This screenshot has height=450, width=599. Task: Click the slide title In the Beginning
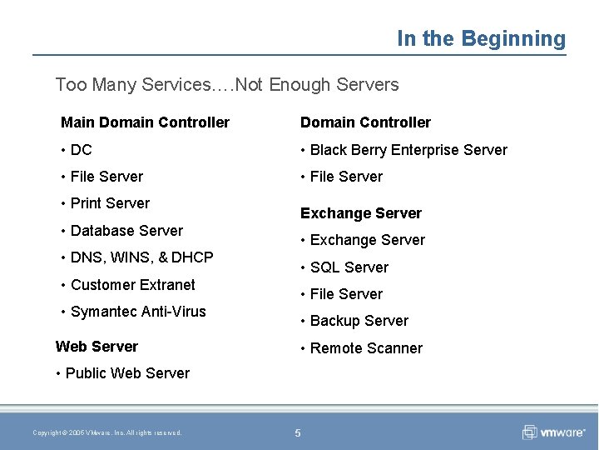pos(481,38)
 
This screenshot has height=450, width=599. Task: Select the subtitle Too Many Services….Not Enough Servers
pos(226,84)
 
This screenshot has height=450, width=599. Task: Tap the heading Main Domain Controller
pos(145,122)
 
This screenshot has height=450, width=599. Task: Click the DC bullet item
pos(81,150)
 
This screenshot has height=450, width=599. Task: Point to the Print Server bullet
pos(110,203)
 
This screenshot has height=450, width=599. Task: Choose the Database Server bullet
pos(126,231)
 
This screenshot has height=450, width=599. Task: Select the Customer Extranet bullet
pos(132,285)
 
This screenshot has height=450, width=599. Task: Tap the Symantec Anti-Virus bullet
pos(138,312)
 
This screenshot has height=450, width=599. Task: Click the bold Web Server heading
pos(97,347)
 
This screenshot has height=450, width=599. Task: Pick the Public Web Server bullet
pos(126,373)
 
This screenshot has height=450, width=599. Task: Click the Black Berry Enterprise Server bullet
pos(408,150)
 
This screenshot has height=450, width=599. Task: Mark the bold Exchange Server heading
pos(360,213)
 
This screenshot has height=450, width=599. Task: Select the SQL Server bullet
pos(349,267)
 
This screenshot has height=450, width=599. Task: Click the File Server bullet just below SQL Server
pos(346,294)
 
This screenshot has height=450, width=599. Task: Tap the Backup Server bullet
pos(359,321)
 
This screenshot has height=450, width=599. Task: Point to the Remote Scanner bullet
pos(366,348)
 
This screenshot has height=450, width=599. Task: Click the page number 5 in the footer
pos(297,432)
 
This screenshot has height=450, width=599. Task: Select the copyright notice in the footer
pos(106,432)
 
